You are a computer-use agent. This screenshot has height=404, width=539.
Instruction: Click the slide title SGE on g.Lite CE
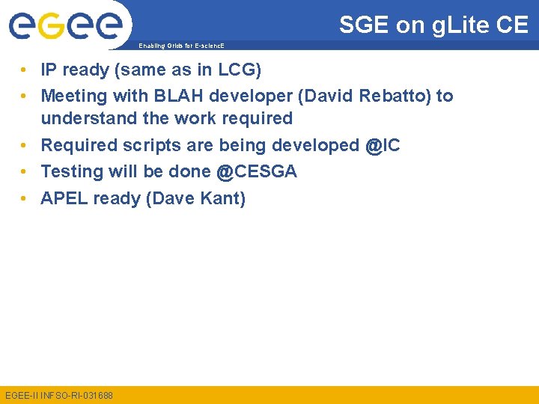coord(433,25)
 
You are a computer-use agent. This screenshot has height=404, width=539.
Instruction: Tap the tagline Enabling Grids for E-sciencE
coord(180,46)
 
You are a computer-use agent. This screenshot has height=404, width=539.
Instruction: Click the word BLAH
coord(172,97)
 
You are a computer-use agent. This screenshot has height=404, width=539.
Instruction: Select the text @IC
coord(383,145)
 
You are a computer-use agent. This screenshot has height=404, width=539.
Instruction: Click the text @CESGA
coord(256,171)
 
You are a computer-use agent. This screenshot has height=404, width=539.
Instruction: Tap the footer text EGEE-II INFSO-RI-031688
coord(59,394)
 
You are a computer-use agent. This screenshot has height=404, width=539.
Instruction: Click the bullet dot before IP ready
coord(25,70)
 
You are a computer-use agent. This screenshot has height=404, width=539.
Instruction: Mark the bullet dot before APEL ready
coord(25,198)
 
